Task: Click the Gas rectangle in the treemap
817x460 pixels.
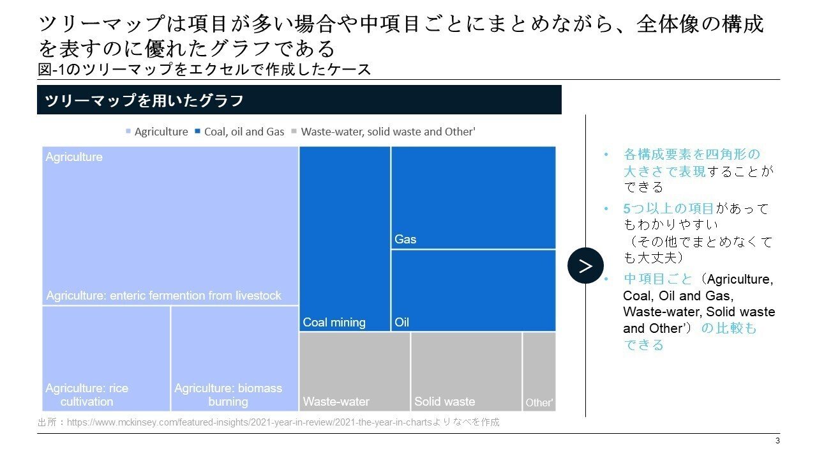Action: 473,197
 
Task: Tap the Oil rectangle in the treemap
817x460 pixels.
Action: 473,290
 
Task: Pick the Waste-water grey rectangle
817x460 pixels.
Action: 354,371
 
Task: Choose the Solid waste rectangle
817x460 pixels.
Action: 466,371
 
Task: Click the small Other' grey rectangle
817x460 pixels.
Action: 539,371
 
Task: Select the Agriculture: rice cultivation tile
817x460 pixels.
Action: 106,358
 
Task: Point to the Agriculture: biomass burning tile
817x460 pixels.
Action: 234,358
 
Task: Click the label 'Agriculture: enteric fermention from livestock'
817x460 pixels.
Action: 163,296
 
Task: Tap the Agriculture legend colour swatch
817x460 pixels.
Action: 128,132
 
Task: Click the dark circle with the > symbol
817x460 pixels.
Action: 585,266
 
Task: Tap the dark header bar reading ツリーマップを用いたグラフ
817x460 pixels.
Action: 299,100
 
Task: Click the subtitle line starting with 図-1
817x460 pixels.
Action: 204,70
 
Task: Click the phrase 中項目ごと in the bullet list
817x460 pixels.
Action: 657,279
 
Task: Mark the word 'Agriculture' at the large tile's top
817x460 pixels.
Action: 74,157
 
